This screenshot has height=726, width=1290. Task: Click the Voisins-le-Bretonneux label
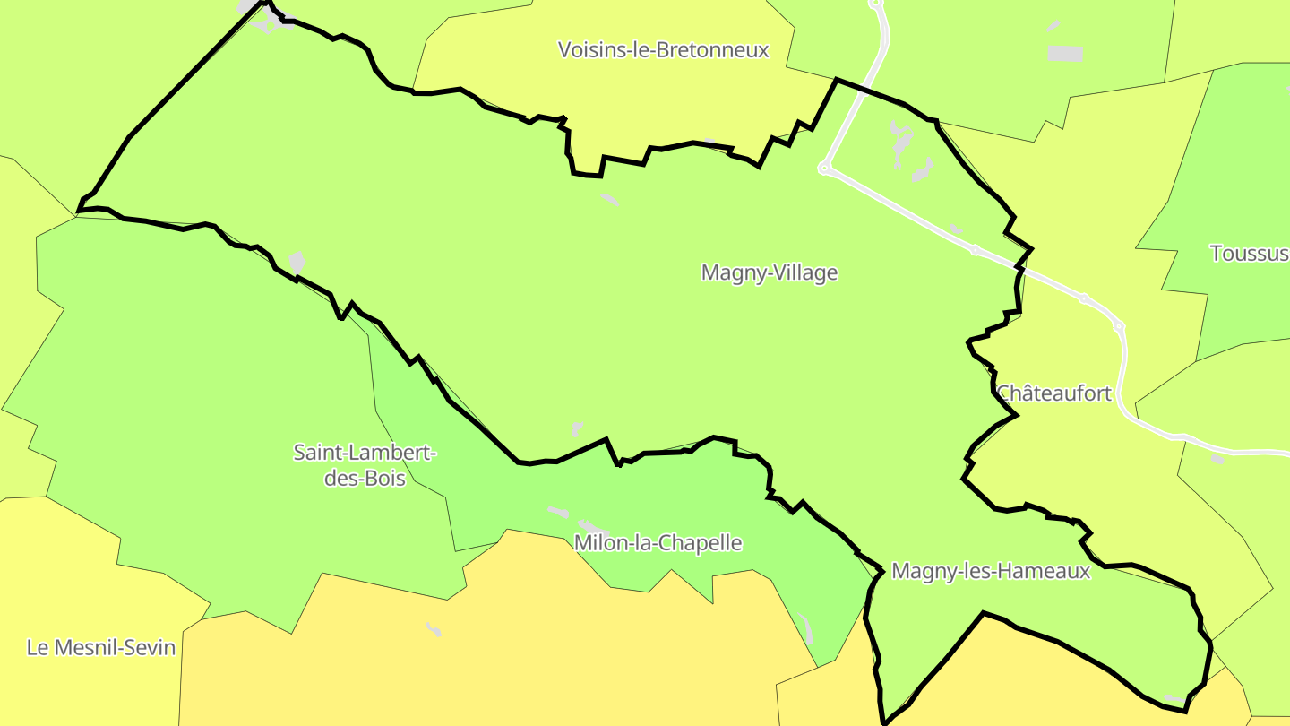pyautogui.click(x=663, y=50)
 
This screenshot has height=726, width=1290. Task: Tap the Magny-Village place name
pyautogui.click(x=769, y=272)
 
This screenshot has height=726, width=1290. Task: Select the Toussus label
pyautogui.click(x=1249, y=254)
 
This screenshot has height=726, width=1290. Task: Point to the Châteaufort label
pyautogui.click(x=1054, y=393)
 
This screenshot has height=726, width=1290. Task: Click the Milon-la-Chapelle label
pyautogui.click(x=658, y=543)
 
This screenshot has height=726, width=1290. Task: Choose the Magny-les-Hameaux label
pyautogui.click(x=991, y=571)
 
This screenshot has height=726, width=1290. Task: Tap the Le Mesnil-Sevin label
pyautogui.click(x=101, y=647)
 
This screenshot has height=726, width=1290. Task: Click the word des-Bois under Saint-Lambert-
pyautogui.click(x=365, y=479)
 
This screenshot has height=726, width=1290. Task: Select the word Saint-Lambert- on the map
pyautogui.click(x=365, y=453)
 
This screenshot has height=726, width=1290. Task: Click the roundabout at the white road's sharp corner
pyautogui.click(x=824, y=168)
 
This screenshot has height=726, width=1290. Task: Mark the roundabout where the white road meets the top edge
pyautogui.click(x=876, y=4)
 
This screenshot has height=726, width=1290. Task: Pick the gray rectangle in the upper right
pyautogui.click(x=1065, y=54)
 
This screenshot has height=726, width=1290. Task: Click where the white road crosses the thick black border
pyautogui.click(x=1020, y=267)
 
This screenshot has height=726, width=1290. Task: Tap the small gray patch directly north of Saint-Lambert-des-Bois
pyautogui.click(x=297, y=262)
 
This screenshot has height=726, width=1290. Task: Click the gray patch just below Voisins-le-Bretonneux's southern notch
pyautogui.click(x=609, y=198)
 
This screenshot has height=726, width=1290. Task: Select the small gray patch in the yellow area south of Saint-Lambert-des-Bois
pyautogui.click(x=434, y=628)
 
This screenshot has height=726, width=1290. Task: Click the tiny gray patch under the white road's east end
pyautogui.click(x=1217, y=459)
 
